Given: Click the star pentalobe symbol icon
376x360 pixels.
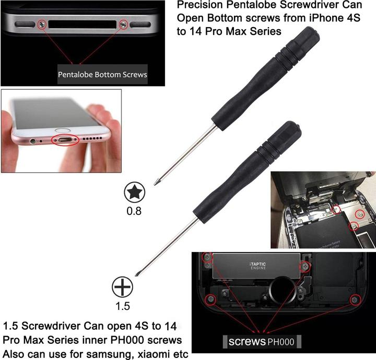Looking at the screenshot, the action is point(135,193).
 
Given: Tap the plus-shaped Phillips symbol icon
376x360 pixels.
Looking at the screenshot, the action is point(122,287).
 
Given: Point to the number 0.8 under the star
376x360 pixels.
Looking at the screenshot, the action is point(134,211).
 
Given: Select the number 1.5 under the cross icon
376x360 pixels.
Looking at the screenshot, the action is point(123,306).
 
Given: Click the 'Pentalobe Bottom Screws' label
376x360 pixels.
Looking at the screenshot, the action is point(102,75).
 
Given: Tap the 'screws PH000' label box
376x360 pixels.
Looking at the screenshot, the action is point(262,342).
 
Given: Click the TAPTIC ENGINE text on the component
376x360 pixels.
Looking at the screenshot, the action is point(258,266).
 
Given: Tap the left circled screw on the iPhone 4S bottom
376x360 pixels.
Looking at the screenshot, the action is point(42,24).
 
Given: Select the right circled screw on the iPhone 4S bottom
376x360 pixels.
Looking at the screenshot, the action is point(123,24).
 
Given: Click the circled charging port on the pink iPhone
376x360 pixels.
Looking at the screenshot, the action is point(65,140).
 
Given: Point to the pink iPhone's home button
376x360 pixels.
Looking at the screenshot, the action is point(62,130).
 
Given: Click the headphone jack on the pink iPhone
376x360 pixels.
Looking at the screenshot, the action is point(33,141).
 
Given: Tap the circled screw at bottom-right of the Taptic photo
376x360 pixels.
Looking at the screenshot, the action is point(355,300).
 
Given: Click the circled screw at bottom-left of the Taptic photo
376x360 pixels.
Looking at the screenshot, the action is point(211,299).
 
